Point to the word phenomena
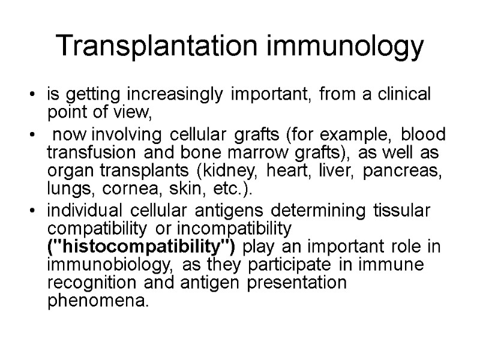coord(87,301)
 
